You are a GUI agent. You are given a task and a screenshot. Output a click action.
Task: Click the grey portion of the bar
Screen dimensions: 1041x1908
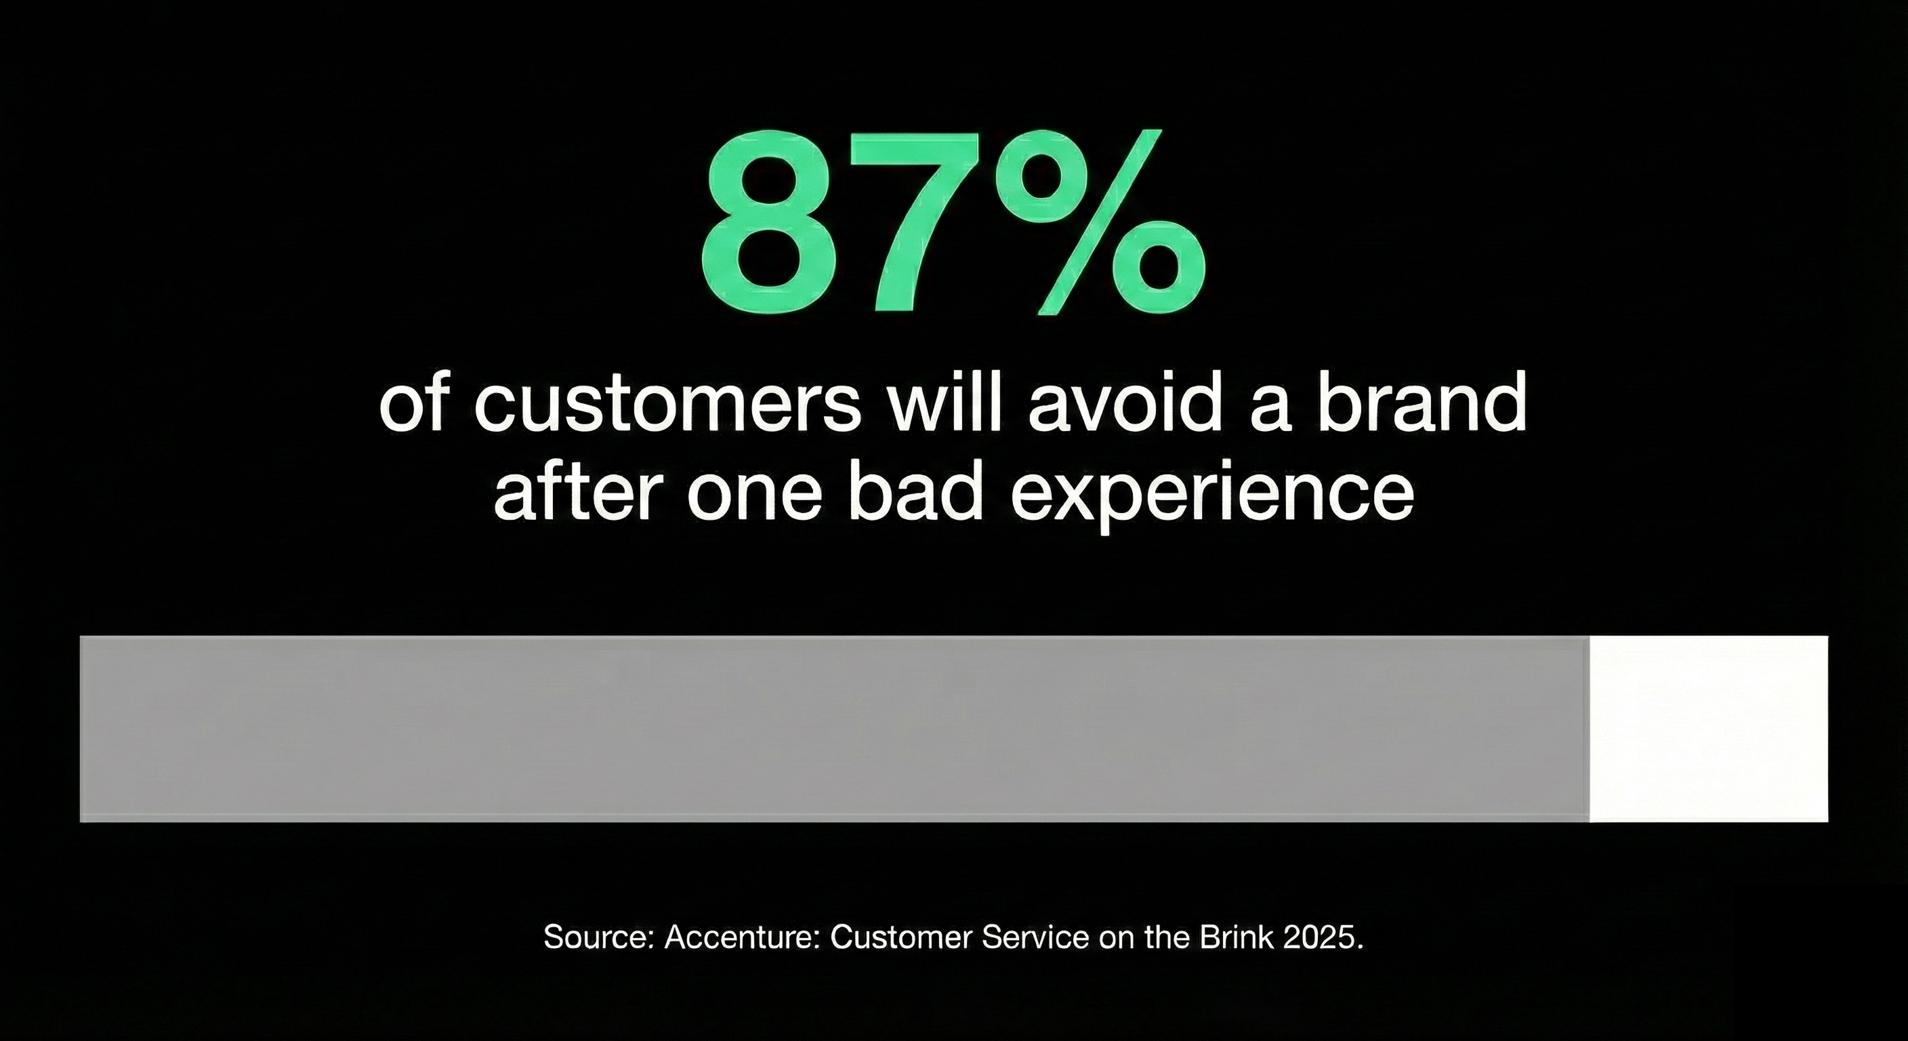point(833,729)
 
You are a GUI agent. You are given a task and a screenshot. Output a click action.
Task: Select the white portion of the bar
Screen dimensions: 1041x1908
point(1708,729)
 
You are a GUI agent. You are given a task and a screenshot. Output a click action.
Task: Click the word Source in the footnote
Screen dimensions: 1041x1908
point(597,937)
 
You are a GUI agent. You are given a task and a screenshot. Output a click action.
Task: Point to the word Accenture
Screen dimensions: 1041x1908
point(741,937)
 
